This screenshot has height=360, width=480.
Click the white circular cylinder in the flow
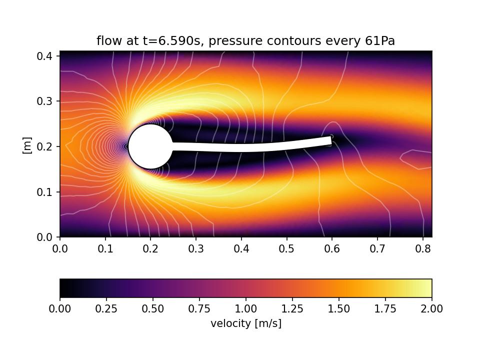tap(150, 146)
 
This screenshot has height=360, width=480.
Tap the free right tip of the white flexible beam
tap(330, 140)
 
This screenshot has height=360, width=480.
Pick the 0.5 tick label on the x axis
tap(286, 248)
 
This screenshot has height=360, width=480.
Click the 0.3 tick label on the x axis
tap(196, 248)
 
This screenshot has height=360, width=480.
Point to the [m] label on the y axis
tap(27, 145)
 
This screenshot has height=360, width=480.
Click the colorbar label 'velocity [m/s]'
tap(246, 323)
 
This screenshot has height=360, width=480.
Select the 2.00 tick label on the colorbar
tap(431, 309)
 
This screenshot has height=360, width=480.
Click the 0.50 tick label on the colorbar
tap(153, 309)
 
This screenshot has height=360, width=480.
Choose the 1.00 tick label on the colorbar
tap(246, 309)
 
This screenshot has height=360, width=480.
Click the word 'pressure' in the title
tap(229, 41)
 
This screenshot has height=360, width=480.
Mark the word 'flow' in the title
tap(107, 41)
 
